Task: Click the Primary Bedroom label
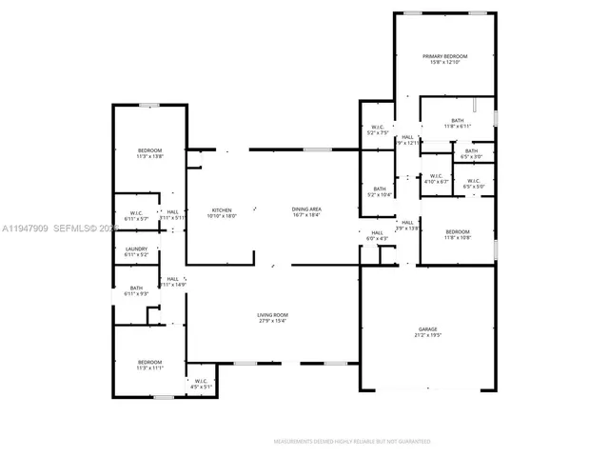coord(444,56)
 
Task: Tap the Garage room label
coord(426,328)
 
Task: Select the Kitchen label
coord(221,209)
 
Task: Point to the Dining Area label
coord(305,209)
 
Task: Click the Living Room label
coord(272,315)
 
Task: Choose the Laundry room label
coord(136,249)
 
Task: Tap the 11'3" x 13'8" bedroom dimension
coord(149,156)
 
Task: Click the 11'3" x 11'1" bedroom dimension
coord(149,368)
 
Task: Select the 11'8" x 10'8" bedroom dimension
coord(458,237)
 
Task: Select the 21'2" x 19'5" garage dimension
coord(426,333)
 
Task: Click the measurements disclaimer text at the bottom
coord(351,442)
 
